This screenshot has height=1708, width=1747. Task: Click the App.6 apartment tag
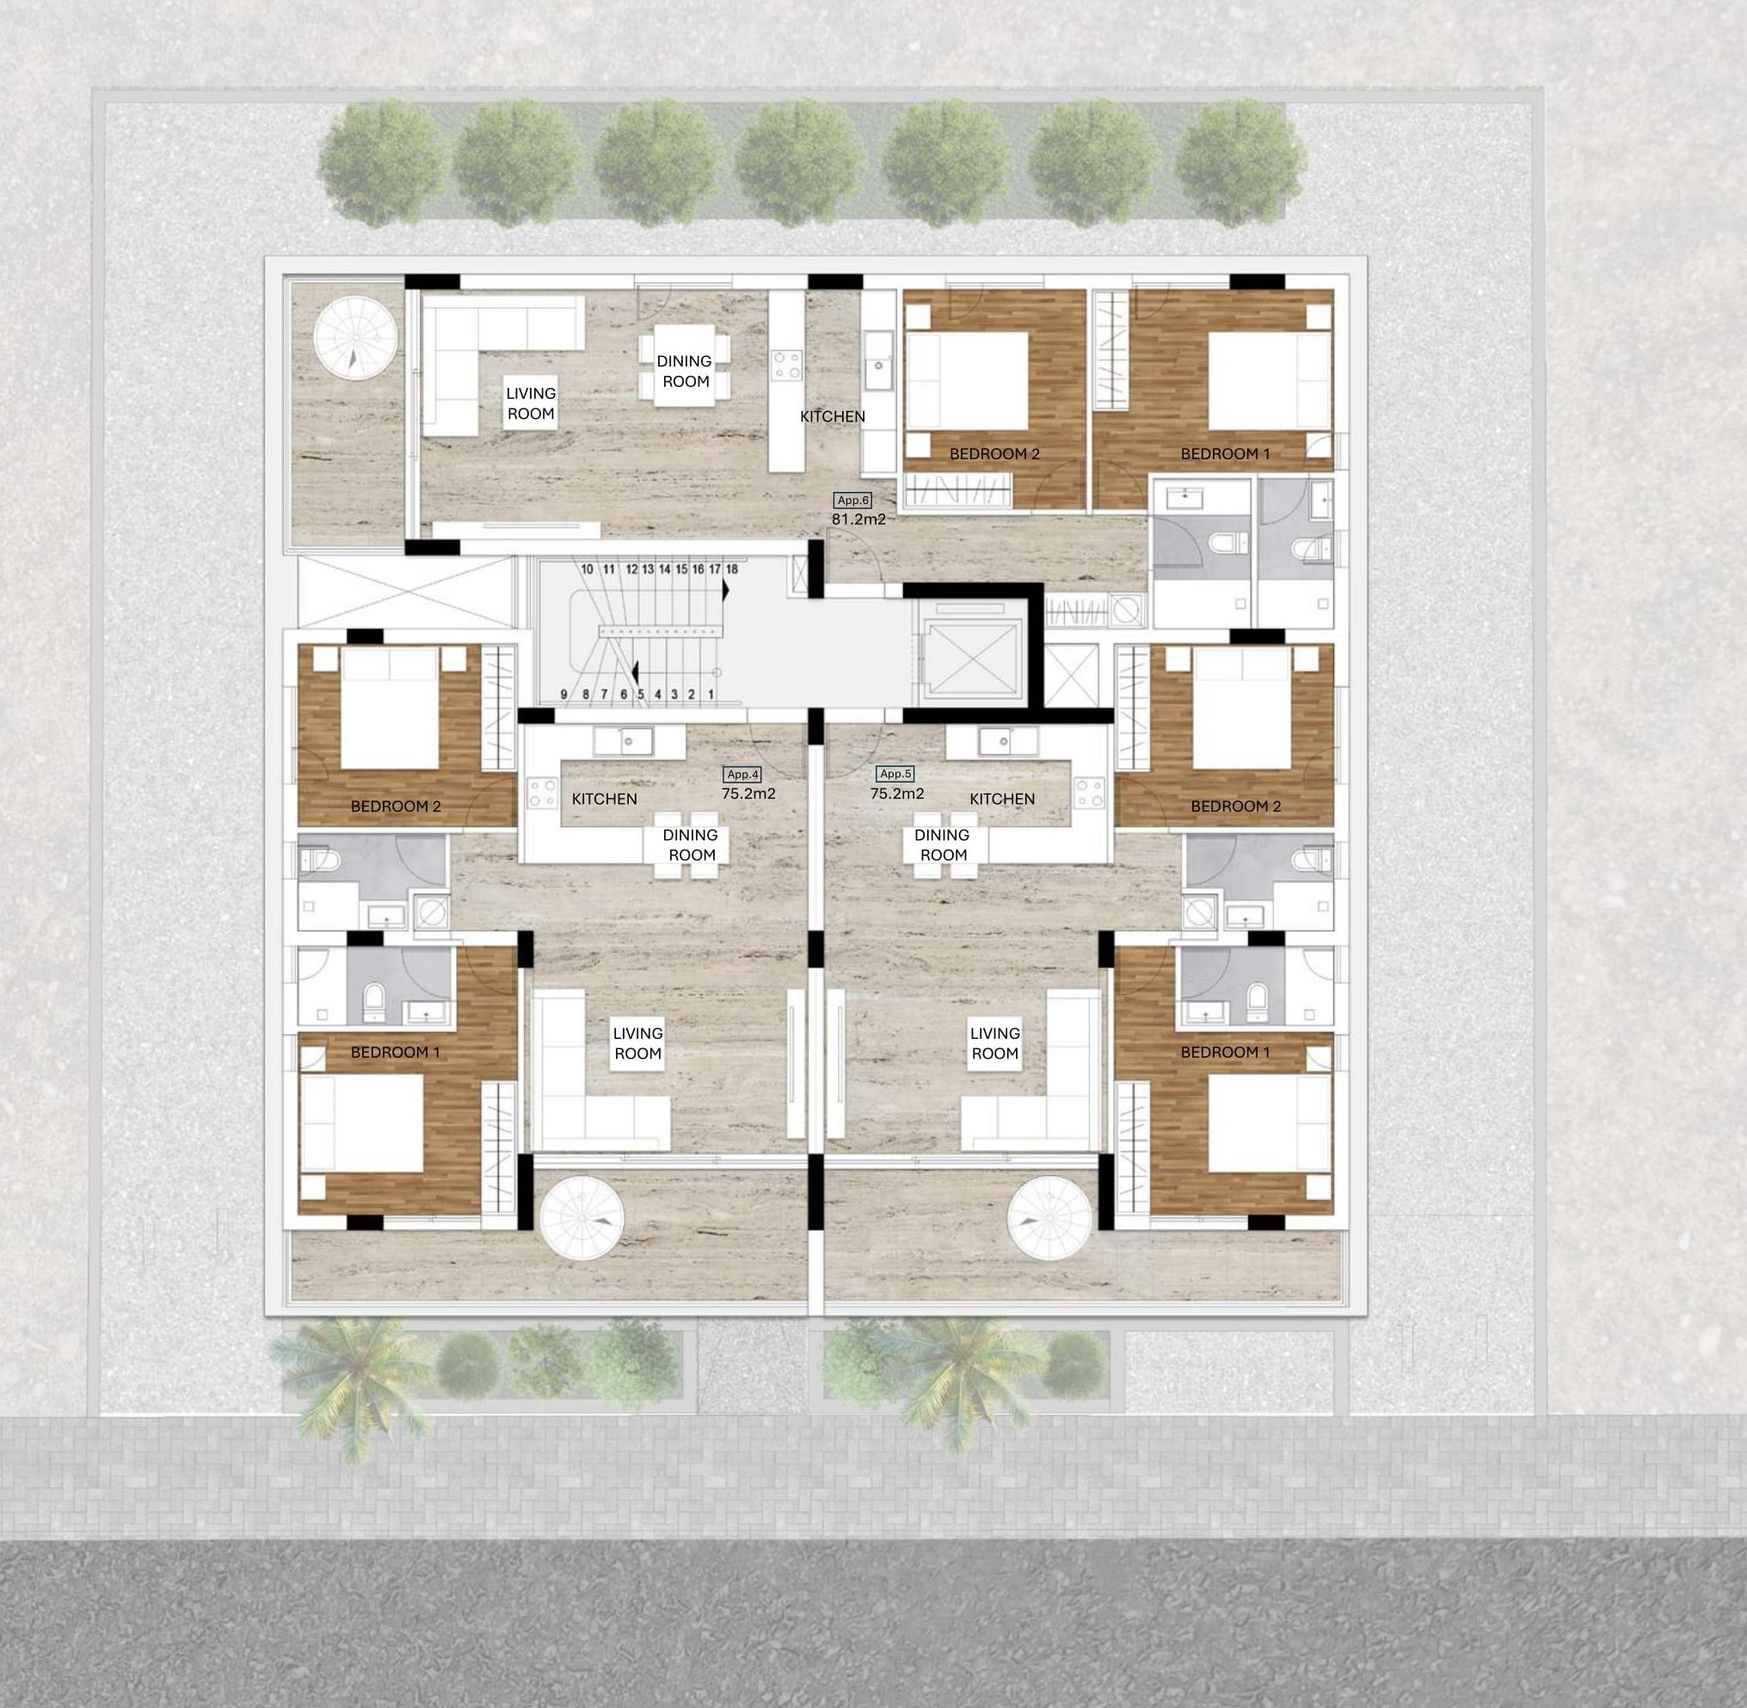[x=852, y=501]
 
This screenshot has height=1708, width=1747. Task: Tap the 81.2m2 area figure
[x=858, y=519]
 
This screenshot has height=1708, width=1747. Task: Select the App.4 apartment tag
[x=743, y=774]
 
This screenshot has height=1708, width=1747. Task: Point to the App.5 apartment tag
[x=895, y=773]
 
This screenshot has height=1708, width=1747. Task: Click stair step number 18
[x=732, y=568]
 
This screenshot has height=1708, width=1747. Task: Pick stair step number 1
[x=711, y=693]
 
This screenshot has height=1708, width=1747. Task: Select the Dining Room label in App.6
[x=685, y=372]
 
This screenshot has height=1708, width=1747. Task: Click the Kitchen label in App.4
[x=604, y=798]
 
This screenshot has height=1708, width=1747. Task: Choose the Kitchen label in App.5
[x=1002, y=798]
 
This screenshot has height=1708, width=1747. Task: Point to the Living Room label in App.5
[x=995, y=1043]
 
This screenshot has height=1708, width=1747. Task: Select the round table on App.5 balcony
[x=1049, y=1217]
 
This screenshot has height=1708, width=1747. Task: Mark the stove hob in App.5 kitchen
[x=1089, y=793]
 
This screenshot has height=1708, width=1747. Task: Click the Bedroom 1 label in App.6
[x=1225, y=454]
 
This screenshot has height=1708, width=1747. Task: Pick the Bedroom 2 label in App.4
[x=396, y=807]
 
